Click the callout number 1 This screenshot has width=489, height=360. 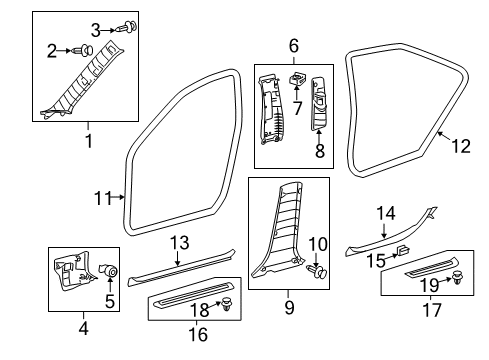[88, 141]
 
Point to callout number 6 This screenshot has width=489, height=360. [294, 45]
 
